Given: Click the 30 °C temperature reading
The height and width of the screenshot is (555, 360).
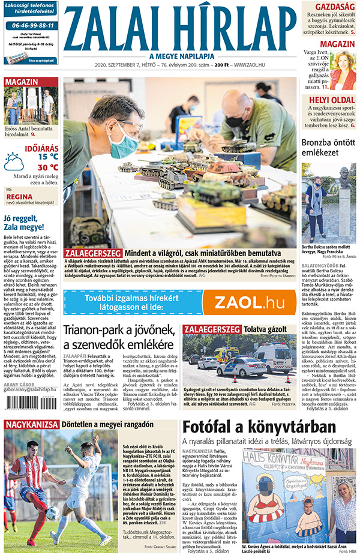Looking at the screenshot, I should click(x=48, y=167).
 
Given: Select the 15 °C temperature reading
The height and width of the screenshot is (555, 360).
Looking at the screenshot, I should click(x=48, y=157).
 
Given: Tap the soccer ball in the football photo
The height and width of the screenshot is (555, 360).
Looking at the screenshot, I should click(x=53, y=513).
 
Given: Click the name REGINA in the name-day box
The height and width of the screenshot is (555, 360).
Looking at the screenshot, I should click(x=19, y=196).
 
